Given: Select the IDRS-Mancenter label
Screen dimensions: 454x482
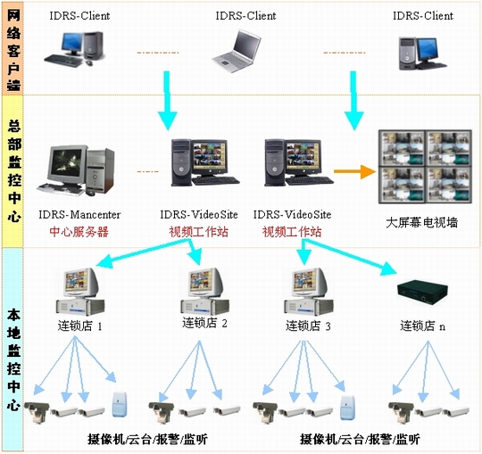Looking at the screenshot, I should [x=79, y=215].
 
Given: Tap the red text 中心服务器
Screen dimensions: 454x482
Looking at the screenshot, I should [x=79, y=232].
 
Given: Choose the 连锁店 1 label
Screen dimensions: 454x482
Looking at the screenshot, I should [x=79, y=326].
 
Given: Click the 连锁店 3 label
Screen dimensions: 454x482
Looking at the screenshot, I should [x=309, y=326].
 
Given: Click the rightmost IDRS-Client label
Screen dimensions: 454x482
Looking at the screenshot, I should [x=423, y=16].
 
